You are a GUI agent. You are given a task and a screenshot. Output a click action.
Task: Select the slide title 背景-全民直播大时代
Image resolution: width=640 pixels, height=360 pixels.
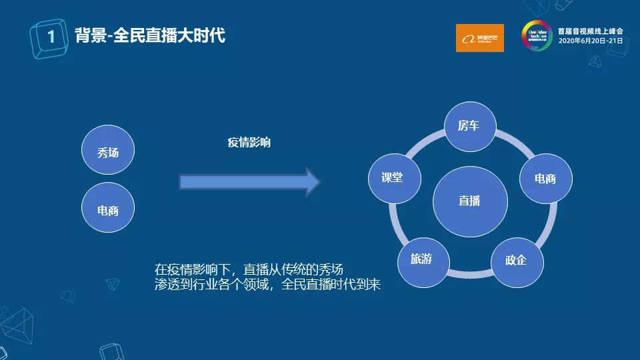coord(150,35)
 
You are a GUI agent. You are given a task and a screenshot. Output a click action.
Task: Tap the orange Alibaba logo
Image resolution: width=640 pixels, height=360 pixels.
coord(479,38)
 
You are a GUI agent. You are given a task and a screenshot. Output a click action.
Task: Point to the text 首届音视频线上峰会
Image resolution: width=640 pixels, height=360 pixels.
coord(590,31)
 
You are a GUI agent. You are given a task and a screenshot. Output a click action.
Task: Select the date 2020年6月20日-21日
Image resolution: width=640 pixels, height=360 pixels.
coord(590,41)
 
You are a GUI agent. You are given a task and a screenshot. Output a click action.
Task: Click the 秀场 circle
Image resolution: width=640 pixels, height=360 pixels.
coord(108,153)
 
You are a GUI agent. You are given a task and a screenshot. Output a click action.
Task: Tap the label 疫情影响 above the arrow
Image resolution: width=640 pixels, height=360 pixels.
coord(249,142)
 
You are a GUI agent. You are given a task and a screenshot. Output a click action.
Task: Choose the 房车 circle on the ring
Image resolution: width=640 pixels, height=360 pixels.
coord(469,126)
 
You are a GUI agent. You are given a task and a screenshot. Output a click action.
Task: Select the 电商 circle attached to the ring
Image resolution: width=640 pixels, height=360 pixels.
coord(545,178)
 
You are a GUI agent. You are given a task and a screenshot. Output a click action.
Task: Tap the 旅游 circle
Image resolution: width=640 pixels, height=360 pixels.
coord(421,259)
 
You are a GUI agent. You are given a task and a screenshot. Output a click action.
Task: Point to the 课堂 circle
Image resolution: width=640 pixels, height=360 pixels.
coord(392,178)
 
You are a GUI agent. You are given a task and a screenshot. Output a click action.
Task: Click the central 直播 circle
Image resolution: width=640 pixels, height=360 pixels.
coord(469,200)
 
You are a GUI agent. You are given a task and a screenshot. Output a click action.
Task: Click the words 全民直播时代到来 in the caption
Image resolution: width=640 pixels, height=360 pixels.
coord(331,285)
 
